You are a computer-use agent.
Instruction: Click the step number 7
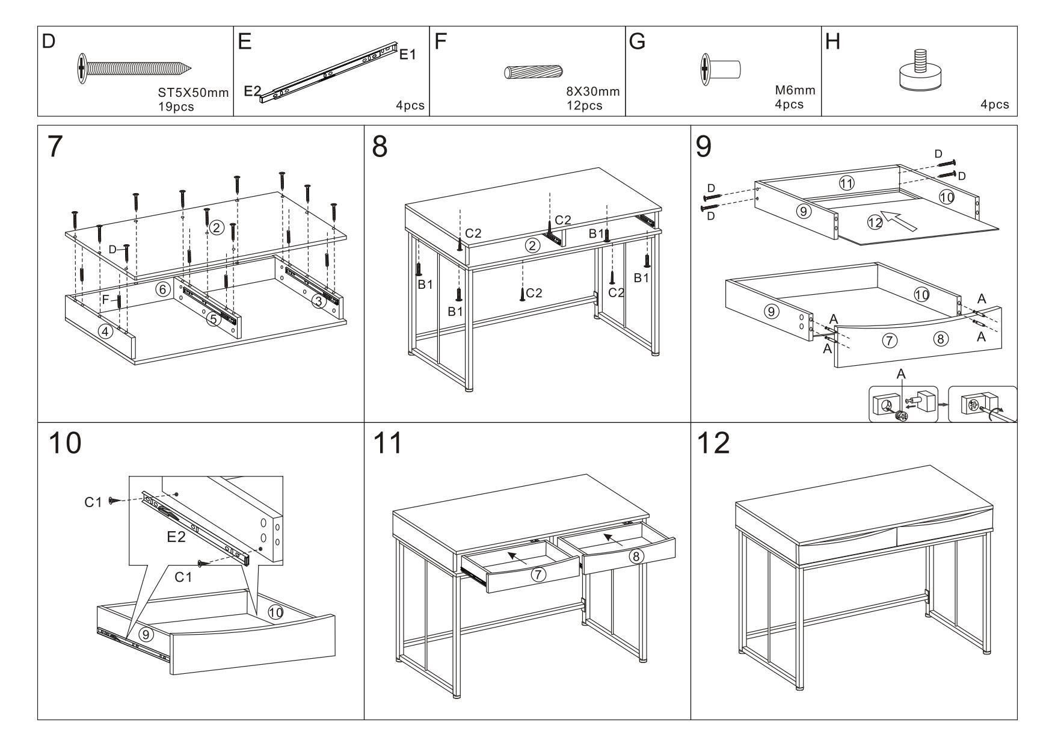[x=55, y=147]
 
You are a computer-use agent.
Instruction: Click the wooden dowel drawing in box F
[x=534, y=72]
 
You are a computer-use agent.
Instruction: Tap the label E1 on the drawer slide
[x=408, y=55]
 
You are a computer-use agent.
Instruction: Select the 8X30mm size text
[x=592, y=92]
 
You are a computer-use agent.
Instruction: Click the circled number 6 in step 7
[x=162, y=289]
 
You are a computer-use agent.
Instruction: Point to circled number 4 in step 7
[x=106, y=331]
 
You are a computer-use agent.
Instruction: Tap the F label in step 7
[x=106, y=298]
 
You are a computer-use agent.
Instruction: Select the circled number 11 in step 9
[x=847, y=183]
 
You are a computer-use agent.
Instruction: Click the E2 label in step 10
[x=176, y=537]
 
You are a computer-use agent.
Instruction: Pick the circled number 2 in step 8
[x=532, y=245]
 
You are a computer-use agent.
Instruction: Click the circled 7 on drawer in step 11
[x=538, y=575]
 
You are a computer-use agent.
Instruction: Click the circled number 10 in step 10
[x=275, y=612]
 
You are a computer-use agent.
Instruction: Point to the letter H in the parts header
[x=832, y=42]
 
